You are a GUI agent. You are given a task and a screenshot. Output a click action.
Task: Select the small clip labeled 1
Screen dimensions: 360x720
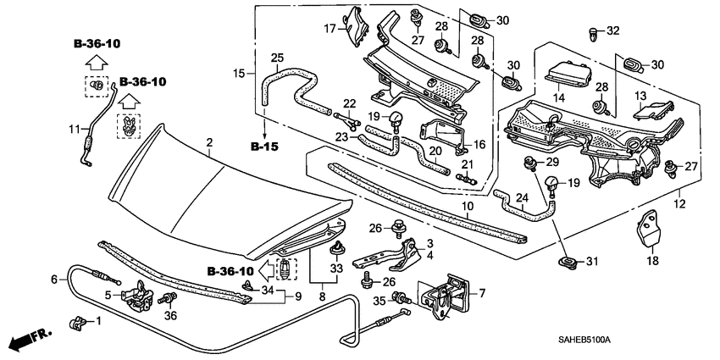point(74,322)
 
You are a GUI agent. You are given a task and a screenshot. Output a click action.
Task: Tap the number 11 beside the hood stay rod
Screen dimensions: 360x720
point(73,129)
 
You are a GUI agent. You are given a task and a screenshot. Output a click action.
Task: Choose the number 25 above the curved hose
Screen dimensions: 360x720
point(276,58)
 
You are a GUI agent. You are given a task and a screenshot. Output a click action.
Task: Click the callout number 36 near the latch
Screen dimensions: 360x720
point(170,316)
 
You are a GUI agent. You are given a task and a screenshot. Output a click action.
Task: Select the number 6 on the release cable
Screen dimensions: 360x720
point(54,279)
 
